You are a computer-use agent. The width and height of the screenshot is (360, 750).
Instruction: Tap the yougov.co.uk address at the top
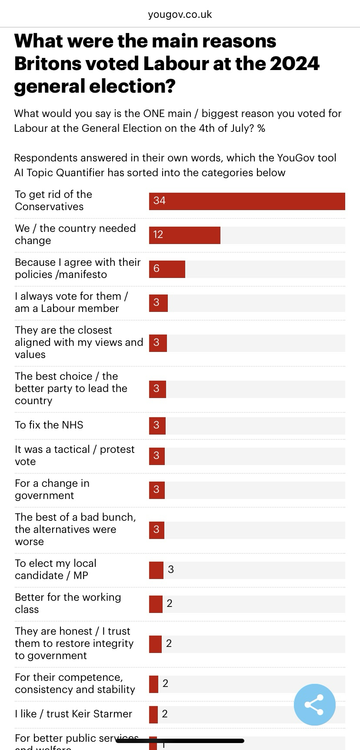pos(180,14)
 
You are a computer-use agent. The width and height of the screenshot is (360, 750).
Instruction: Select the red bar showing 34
pos(247,201)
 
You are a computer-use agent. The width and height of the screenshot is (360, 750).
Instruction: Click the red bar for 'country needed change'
pos(185,235)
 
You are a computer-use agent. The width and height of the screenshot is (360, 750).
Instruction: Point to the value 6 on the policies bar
pos(157,269)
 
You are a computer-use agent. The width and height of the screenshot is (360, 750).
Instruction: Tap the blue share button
pos(314,704)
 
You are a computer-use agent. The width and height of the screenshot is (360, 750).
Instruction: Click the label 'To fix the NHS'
pos(49,425)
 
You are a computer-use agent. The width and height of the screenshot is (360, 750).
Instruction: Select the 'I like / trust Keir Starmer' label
pos(73,714)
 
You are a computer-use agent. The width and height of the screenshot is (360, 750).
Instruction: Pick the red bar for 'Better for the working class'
pos(156,604)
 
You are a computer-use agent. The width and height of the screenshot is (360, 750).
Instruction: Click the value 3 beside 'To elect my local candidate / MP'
pos(171,569)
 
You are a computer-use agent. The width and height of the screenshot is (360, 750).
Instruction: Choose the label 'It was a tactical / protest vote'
pos(75,455)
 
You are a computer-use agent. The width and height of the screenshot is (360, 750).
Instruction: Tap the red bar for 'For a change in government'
pos(157,490)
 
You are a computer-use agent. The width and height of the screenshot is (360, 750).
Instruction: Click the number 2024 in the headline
pos(295,64)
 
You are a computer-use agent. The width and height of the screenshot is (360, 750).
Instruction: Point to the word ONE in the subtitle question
pos(153,114)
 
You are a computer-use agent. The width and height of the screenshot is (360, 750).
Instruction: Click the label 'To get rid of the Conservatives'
pos(53,201)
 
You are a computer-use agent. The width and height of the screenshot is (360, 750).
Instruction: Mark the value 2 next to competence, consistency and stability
pos(165,683)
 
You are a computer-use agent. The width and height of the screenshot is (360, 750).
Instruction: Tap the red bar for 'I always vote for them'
pos(158,303)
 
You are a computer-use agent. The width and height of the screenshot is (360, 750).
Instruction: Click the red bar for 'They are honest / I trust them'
pos(155,644)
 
